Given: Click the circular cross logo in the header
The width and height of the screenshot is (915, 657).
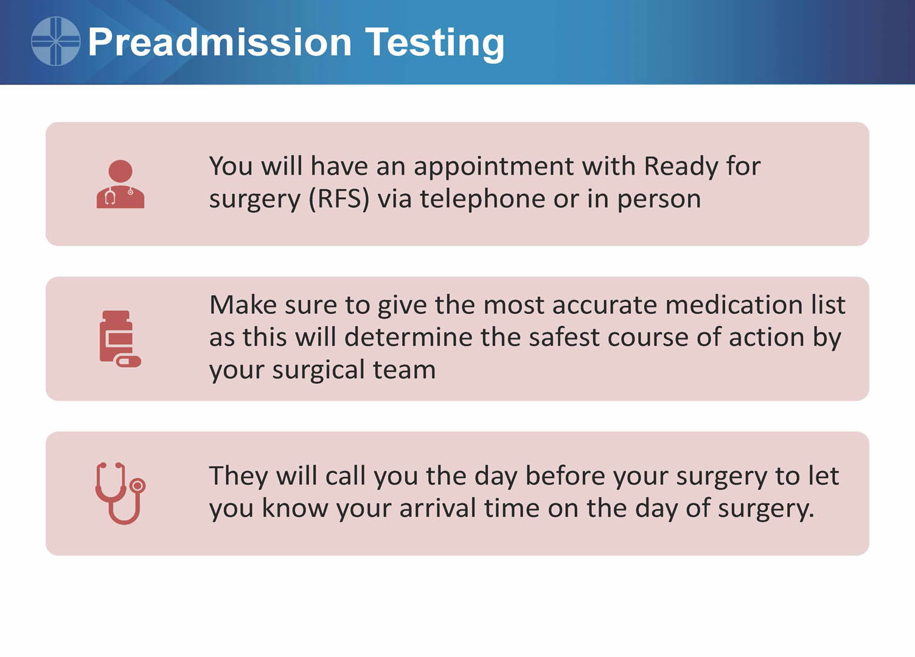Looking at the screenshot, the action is [x=55, y=41].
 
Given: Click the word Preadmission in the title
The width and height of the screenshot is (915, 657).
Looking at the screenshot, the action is [x=220, y=42].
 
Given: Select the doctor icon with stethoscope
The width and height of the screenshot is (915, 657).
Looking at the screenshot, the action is [x=120, y=184].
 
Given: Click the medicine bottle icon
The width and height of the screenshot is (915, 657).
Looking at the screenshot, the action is [x=117, y=336].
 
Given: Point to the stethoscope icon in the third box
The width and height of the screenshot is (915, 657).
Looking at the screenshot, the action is [x=120, y=493].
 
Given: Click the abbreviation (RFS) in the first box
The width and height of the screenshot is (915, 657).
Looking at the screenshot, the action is [x=339, y=200].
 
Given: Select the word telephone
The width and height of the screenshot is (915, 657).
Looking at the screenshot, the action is [x=483, y=200].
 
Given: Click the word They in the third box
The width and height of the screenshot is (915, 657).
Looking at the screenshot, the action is [x=238, y=477].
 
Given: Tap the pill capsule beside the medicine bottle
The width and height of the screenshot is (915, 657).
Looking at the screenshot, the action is [x=128, y=361].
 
